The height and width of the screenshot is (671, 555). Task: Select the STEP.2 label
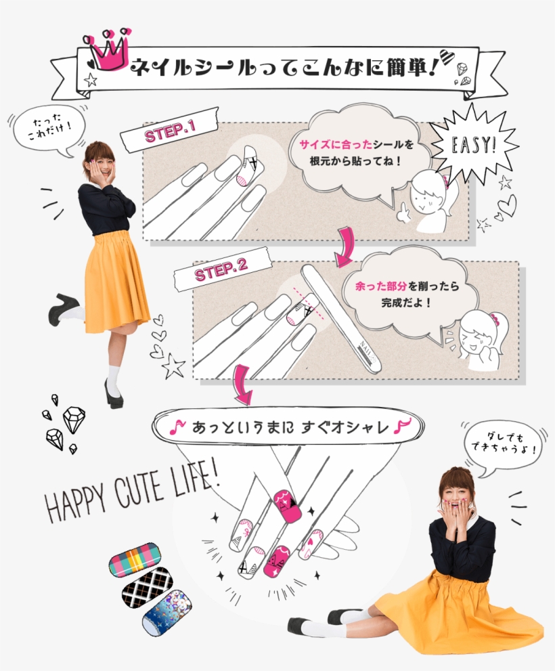[221, 272]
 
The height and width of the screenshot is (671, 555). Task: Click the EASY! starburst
[474, 145]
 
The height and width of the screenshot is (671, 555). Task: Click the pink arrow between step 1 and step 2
[346, 248]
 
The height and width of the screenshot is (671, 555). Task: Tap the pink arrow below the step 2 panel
[240, 387]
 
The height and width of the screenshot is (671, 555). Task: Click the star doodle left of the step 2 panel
[173, 367]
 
